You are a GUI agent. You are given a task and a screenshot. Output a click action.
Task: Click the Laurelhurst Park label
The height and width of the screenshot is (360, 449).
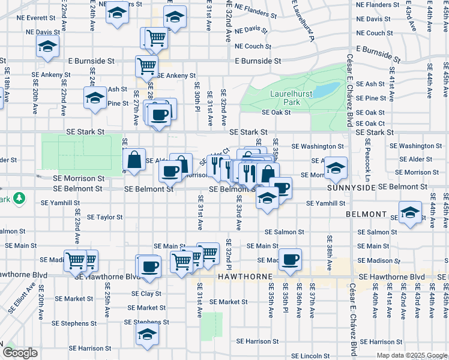[285, 98]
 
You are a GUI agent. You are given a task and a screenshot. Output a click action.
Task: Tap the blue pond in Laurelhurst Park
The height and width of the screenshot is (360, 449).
[327, 90]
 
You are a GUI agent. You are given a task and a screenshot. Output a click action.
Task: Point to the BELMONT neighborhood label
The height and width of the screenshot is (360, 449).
[366, 214]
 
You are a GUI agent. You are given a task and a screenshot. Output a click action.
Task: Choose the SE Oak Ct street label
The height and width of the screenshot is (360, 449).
[370, 123]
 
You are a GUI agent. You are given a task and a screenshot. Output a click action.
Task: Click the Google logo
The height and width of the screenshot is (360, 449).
[19, 353]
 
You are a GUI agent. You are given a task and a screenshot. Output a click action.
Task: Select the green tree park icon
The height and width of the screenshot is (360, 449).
[19, 197]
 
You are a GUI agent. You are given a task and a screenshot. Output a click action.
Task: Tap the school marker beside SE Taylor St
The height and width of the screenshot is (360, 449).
[411, 213]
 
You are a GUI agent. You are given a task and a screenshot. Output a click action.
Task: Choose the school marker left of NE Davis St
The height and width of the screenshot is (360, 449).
[47, 46]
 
